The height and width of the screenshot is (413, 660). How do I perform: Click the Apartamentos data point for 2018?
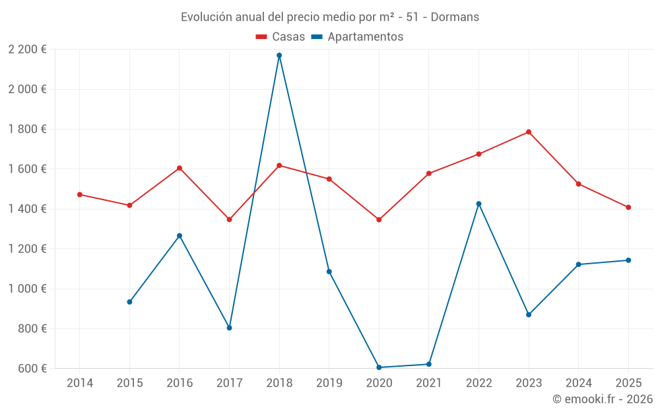tap(279, 56)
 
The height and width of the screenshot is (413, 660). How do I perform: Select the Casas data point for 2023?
tap(529, 132)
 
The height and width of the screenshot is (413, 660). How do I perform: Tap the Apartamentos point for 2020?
tap(379, 367)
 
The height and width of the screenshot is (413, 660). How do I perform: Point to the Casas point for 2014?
tap(80, 194)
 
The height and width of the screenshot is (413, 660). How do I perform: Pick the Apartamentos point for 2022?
tap(479, 204)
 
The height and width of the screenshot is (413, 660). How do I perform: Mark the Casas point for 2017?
tap(230, 219)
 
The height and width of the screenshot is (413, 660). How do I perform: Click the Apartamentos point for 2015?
tap(129, 302)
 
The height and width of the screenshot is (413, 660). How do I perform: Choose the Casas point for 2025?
tap(628, 207)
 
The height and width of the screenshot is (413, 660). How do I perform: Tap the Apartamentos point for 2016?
tap(180, 236)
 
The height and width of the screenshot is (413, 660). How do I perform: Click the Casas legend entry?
tap(280, 37)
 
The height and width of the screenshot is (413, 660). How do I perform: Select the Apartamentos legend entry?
tap(356, 37)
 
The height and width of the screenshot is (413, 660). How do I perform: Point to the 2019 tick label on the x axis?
tap(329, 383)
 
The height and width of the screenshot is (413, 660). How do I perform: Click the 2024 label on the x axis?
tap(578, 383)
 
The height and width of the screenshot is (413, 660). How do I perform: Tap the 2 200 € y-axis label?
tap(27, 50)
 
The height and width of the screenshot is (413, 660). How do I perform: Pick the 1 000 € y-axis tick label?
tap(27, 289)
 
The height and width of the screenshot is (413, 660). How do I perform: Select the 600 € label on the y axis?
tap(32, 369)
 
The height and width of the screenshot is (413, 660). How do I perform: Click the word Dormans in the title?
tap(455, 17)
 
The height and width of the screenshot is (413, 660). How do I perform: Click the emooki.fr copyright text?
tap(603, 399)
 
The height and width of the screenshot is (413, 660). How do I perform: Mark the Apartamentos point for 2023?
tap(529, 315)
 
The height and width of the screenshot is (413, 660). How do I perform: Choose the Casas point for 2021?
tap(429, 174)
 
